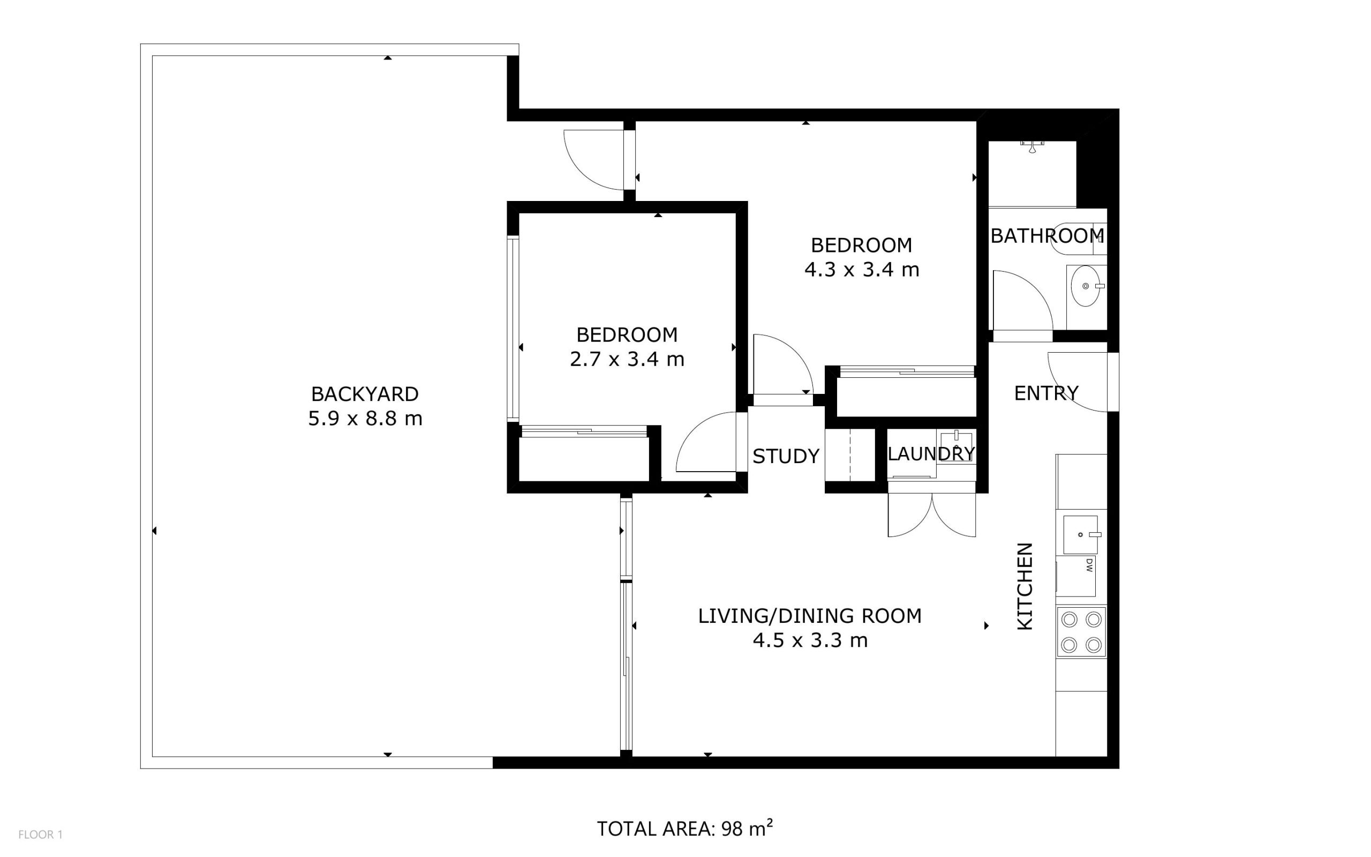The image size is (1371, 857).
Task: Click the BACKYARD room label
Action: pyautogui.click(x=365, y=394)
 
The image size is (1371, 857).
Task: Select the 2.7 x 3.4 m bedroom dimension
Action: pyautogui.click(x=627, y=359)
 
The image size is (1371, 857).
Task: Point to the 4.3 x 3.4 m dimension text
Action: pyautogui.click(x=861, y=270)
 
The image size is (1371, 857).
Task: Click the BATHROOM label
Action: pyautogui.click(x=1047, y=236)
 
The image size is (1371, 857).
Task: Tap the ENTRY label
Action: pyautogui.click(x=1046, y=393)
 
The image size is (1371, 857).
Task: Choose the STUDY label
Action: pyautogui.click(x=786, y=456)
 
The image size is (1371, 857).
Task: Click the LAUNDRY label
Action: pyautogui.click(x=931, y=454)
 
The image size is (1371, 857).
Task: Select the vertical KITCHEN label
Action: pyautogui.click(x=1026, y=587)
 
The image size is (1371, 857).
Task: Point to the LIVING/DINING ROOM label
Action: pyautogui.click(x=810, y=616)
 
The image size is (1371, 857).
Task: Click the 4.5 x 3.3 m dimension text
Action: pyautogui.click(x=810, y=640)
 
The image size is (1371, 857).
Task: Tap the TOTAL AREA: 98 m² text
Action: pyautogui.click(x=684, y=829)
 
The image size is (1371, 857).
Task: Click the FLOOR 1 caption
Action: pyautogui.click(x=40, y=835)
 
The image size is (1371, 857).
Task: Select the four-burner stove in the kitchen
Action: pyautogui.click(x=1081, y=632)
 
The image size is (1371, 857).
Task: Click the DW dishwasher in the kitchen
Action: pyautogui.click(x=1076, y=576)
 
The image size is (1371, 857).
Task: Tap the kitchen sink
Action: pyautogui.click(x=1081, y=534)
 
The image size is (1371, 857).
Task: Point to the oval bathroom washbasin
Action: pyautogui.click(x=1086, y=286)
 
